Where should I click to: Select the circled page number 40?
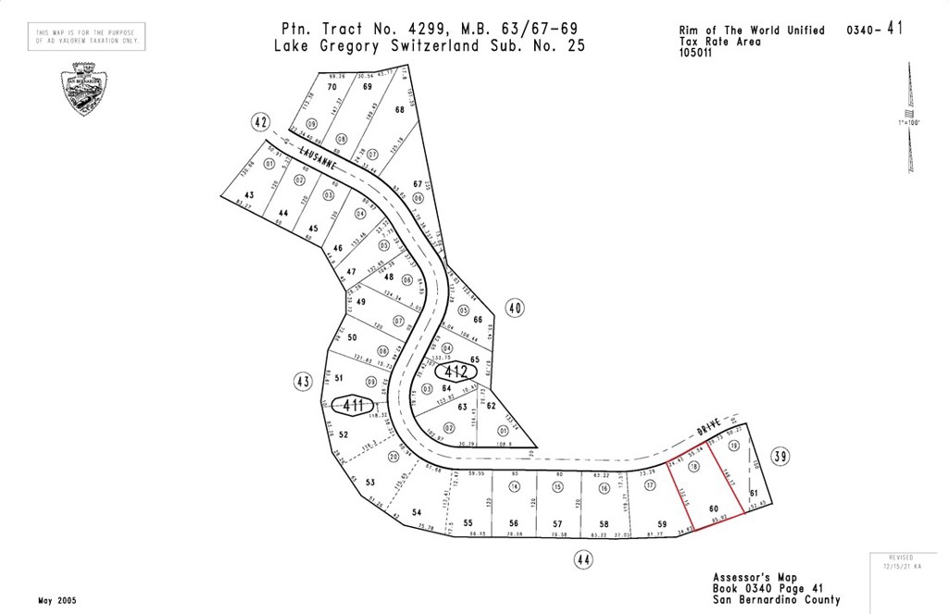(516, 308)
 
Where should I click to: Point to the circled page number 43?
(302, 381)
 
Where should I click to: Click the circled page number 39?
(781, 456)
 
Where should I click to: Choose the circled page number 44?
(581, 559)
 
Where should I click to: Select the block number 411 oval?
(351, 406)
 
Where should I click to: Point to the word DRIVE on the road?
(710, 431)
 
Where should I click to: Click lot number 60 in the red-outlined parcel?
(713, 507)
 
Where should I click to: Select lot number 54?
(417, 512)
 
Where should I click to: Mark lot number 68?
(400, 109)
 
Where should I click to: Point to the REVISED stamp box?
(903, 562)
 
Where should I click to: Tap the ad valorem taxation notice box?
(87, 37)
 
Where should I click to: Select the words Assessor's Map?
(754, 577)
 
